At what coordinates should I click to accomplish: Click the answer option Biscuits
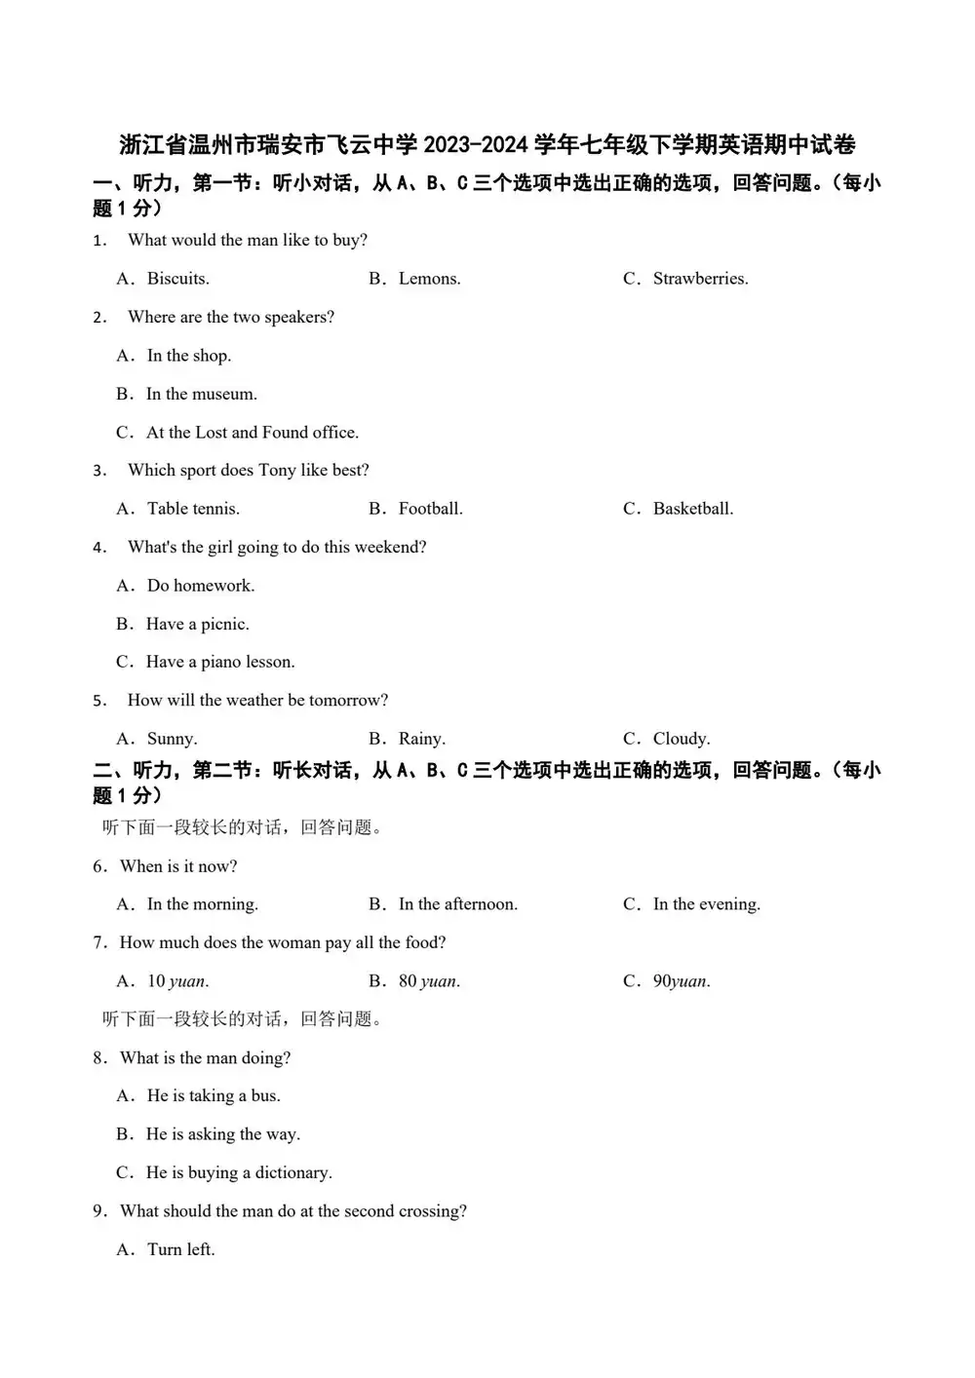(177, 279)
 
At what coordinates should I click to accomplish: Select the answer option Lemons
(429, 279)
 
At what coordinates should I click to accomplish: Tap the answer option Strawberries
(700, 279)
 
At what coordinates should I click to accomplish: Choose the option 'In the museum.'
(201, 394)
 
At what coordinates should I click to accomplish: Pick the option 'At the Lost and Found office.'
(252, 433)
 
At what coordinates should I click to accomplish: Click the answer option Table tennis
(193, 509)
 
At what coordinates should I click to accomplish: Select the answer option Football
(430, 509)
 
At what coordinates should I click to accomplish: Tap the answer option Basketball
(692, 509)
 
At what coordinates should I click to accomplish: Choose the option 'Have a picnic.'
(197, 624)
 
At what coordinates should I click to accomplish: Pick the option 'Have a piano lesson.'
(220, 662)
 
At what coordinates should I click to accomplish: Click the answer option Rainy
(421, 739)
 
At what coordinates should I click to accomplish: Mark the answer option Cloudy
(681, 739)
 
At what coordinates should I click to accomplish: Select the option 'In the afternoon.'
(457, 904)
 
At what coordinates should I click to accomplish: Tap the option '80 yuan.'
(429, 981)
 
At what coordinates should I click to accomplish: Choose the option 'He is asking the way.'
(222, 1134)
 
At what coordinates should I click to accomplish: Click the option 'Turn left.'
(180, 1249)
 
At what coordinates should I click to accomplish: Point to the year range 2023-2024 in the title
(476, 145)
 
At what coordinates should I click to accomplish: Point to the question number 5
(99, 701)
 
